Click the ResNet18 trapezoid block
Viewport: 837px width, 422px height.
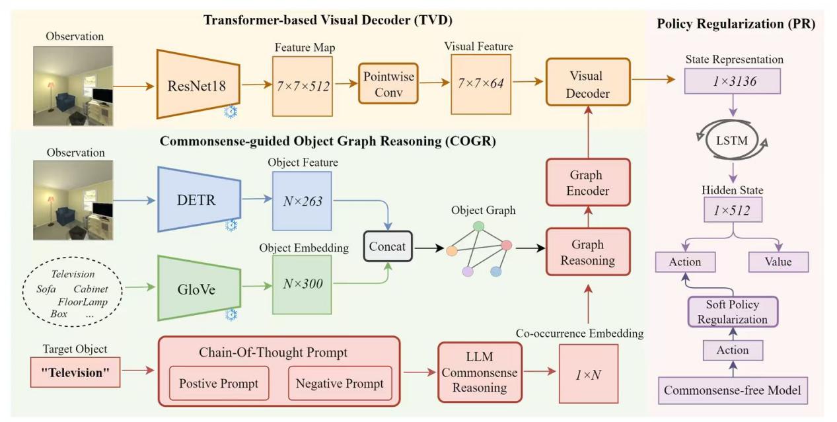(198, 85)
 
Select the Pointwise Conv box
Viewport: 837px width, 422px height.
(388, 84)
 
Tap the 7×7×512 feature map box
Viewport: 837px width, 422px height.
(301, 87)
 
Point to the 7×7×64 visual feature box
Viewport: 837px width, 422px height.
(480, 85)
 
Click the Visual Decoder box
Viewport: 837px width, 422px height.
(588, 83)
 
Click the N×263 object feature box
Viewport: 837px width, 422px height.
(301, 201)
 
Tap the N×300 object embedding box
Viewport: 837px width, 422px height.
(301, 285)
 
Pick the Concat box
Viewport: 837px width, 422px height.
(388, 246)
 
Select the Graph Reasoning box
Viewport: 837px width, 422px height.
(587, 252)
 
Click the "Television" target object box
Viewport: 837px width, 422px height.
(75, 372)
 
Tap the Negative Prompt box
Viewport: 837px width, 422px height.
(340, 383)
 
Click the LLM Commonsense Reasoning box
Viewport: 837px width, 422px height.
(480, 372)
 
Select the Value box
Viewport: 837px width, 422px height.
(778, 262)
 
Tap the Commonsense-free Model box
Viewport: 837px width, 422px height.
(732, 390)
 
